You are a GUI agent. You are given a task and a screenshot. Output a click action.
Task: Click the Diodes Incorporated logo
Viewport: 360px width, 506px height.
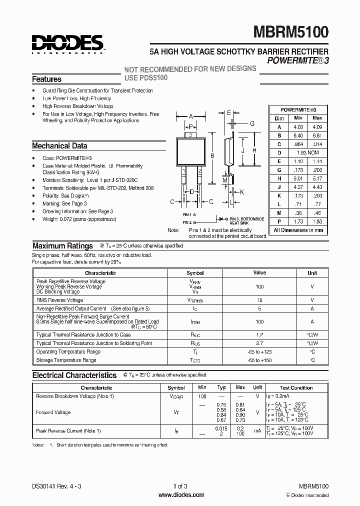[x=67, y=44]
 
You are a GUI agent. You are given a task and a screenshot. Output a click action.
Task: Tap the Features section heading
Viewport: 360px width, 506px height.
[x=46, y=79]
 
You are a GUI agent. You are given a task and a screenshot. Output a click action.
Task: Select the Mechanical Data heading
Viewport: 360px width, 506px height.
[x=59, y=146]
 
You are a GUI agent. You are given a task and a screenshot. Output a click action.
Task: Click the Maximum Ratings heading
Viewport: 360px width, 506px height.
[x=62, y=246]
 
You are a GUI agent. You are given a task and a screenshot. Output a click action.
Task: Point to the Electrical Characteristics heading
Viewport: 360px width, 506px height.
[x=74, y=375]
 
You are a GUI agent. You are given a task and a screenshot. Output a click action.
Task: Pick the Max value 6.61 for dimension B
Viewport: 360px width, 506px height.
[x=317, y=135]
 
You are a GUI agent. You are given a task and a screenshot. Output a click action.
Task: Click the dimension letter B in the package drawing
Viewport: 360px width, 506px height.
[x=212, y=156]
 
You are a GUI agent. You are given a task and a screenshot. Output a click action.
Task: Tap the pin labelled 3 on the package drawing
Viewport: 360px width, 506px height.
[x=190, y=135]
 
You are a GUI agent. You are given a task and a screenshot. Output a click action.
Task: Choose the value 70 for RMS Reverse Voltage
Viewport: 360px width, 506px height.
[x=259, y=300]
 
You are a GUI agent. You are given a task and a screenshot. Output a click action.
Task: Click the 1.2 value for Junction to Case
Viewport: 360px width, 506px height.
[x=259, y=334]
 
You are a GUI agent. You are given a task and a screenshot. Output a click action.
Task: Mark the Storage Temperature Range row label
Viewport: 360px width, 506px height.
[x=66, y=360]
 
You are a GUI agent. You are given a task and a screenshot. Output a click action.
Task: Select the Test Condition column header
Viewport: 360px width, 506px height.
[x=296, y=387]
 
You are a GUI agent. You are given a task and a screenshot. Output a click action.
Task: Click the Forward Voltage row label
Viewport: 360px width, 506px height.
[x=53, y=412]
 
